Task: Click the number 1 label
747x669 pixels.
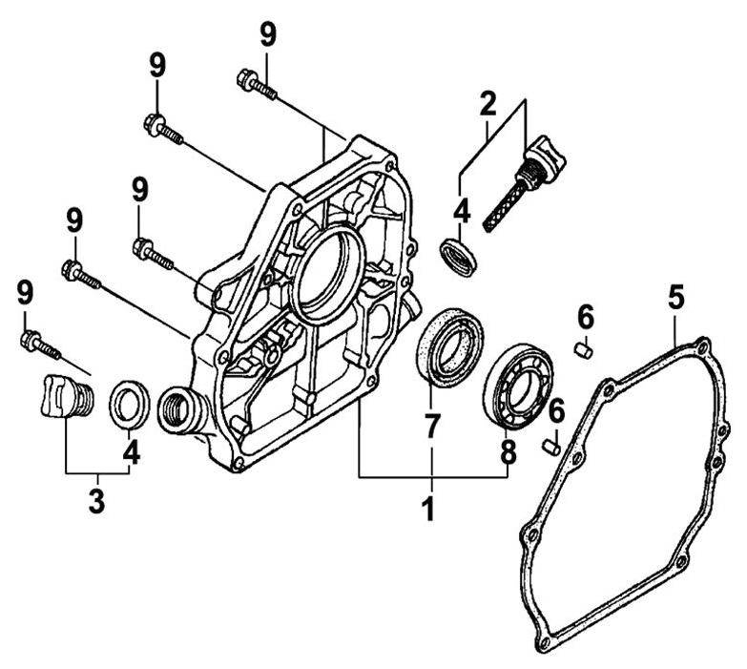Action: click(x=429, y=507)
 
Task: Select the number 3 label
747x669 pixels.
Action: click(x=96, y=500)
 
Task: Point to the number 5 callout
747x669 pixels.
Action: click(x=675, y=298)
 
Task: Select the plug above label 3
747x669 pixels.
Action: click(x=64, y=397)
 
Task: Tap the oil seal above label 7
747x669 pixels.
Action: click(x=450, y=345)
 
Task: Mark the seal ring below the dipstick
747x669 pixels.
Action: click(x=460, y=257)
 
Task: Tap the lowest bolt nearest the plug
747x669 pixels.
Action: click(x=38, y=345)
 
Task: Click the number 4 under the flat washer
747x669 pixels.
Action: click(x=131, y=452)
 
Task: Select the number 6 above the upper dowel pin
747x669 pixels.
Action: click(x=585, y=314)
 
